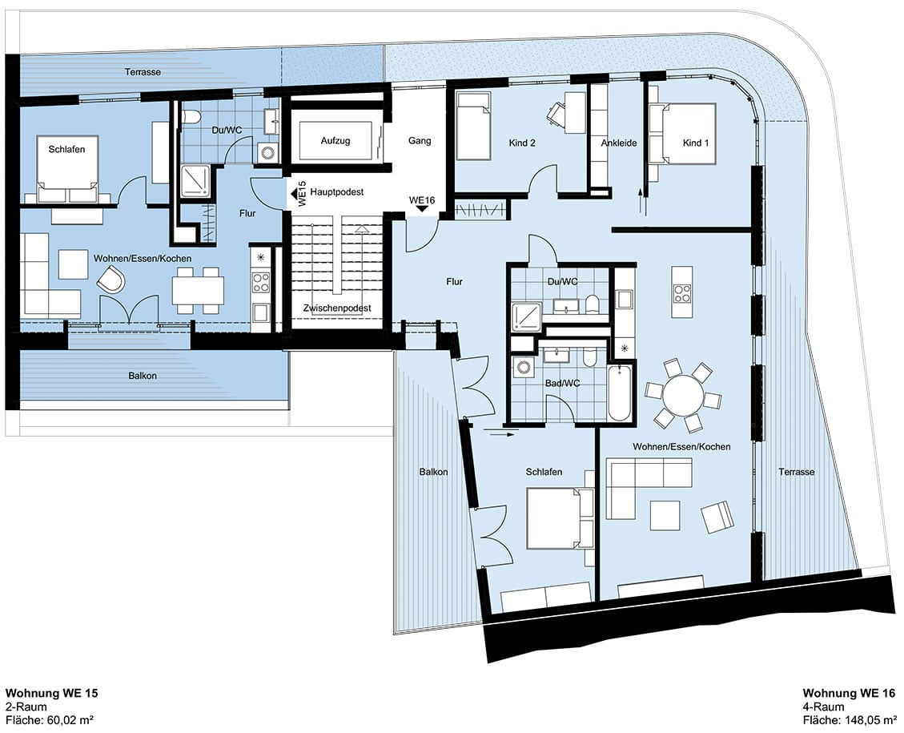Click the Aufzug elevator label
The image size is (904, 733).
click(335, 141)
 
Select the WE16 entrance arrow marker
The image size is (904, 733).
click(422, 209)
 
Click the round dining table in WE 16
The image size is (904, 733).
click(683, 396)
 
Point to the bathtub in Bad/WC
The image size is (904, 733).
click(620, 393)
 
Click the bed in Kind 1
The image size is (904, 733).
click(683, 135)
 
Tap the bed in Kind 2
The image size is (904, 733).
click(473, 126)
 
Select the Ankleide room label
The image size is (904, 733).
click(619, 143)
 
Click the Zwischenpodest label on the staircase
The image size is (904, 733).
click(337, 308)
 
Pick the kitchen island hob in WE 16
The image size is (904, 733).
click(682, 293)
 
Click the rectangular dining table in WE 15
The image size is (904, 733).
click(198, 292)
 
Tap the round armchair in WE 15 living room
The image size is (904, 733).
click(110, 280)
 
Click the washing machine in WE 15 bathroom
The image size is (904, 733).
click(267, 153)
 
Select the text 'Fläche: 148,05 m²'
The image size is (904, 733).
click(849, 720)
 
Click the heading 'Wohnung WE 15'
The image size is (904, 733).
click(52, 693)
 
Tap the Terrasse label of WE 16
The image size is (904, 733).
click(796, 472)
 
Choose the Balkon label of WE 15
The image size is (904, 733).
click(143, 376)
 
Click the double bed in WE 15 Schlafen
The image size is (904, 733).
click(67, 168)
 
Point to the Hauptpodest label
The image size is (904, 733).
click(336, 192)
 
